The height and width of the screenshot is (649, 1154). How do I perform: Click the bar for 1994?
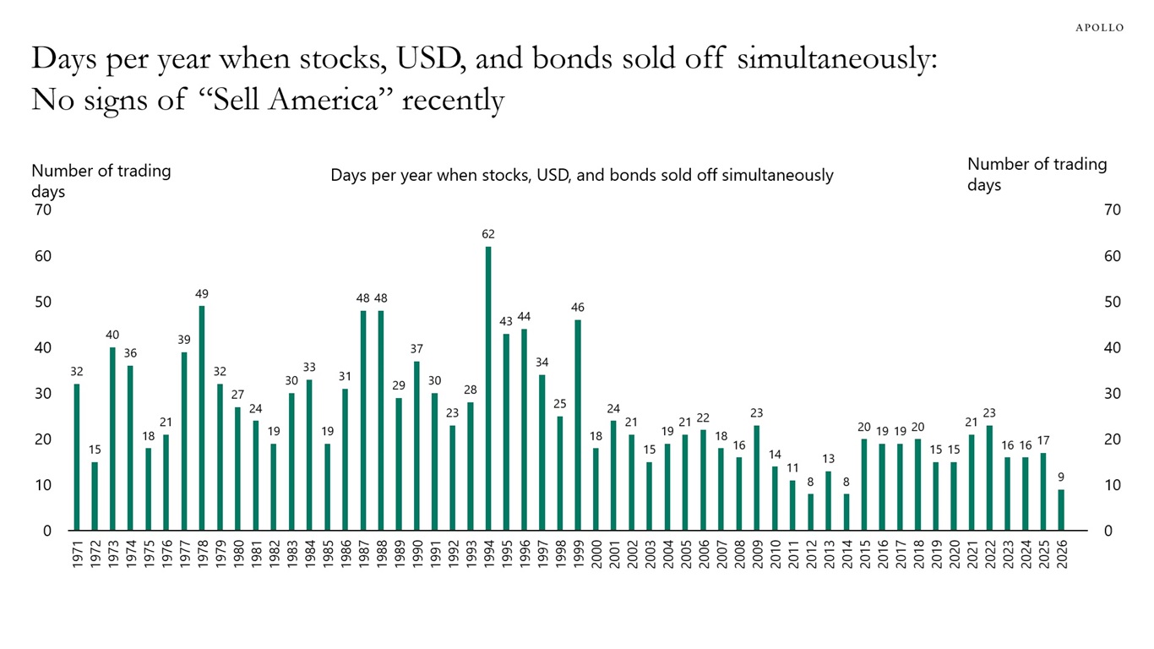pyautogui.click(x=488, y=389)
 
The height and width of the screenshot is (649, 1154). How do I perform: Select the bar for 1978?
pyautogui.click(x=202, y=418)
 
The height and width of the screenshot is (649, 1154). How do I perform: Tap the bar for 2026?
pyautogui.click(x=1061, y=510)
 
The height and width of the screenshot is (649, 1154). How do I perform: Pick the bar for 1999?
pyautogui.click(x=578, y=425)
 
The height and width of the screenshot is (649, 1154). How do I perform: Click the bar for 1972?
pyautogui.click(x=95, y=496)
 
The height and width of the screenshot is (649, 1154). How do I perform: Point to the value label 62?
pyautogui.click(x=488, y=234)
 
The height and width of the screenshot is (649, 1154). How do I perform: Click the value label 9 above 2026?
pyautogui.click(x=1061, y=477)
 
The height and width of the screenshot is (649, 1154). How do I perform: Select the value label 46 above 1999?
pyautogui.click(x=578, y=308)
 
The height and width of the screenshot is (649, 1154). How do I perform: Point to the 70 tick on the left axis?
pyautogui.click(x=41, y=210)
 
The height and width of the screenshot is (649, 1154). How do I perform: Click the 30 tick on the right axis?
pyautogui.click(x=1113, y=394)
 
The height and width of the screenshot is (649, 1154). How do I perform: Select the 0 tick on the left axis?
pyautogui.click(x=46, y=531)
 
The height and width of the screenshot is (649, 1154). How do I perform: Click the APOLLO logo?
pyautogui.click(x=1099, y=28)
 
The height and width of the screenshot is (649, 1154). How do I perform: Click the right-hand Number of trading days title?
pyautogui.click(x=1037, y=174)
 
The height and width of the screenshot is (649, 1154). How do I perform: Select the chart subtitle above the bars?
pyautogui.click(x=581, y=175)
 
